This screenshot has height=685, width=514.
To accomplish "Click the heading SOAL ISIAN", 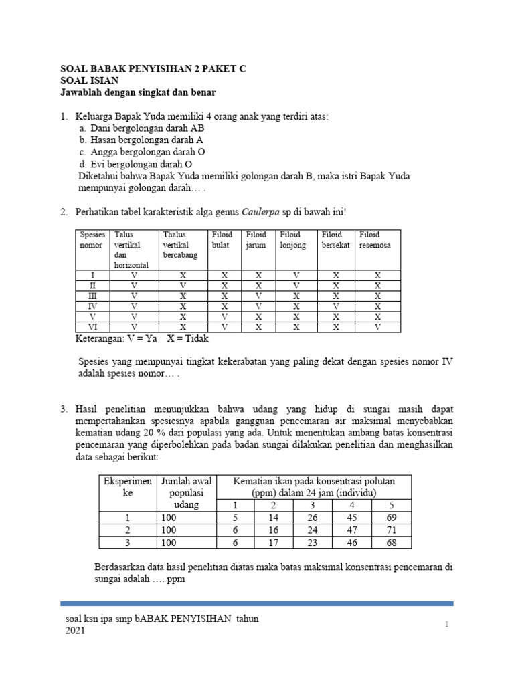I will point(90,80).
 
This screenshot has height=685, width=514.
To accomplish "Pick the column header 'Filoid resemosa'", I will point(375,240).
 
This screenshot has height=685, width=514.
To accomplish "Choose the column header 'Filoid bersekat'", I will point(336,240).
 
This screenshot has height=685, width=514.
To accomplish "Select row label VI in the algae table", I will point(92,328).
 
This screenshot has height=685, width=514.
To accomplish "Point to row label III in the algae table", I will point(92,296).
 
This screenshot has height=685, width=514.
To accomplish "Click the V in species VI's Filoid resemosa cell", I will point(377,328).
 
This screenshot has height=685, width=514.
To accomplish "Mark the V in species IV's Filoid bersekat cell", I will point(336,306).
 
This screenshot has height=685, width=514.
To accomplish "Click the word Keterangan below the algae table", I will point(102,339).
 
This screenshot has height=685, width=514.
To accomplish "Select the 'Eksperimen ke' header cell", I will point(127,486).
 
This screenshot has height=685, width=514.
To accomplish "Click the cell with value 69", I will point(392,517).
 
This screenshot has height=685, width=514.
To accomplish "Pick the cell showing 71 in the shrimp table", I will point(392,530).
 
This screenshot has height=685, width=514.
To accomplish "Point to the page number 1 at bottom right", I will point(445,624).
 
